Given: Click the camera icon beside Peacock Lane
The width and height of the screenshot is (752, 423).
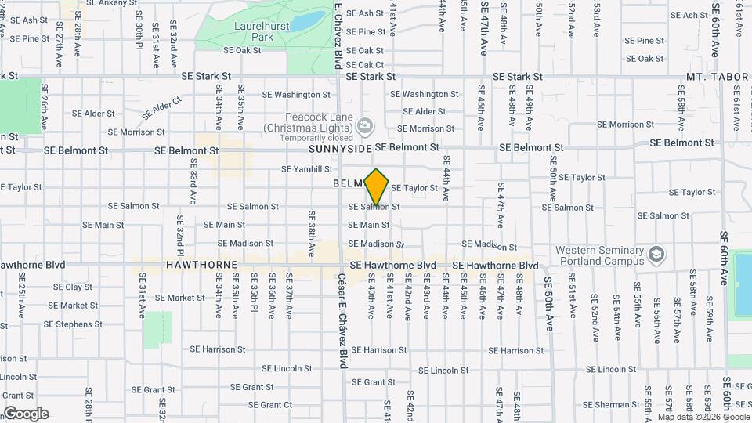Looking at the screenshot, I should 364,126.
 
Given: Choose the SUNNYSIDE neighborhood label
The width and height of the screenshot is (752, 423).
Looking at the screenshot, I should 338,148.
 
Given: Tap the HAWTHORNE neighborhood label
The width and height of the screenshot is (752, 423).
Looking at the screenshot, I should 202,266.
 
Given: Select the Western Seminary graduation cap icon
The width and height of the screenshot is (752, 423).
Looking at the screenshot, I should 656,255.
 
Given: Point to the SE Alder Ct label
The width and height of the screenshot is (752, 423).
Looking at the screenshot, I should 161,107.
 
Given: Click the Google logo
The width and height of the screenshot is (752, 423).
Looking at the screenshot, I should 26,414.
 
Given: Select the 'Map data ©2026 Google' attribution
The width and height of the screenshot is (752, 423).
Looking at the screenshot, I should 703,417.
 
